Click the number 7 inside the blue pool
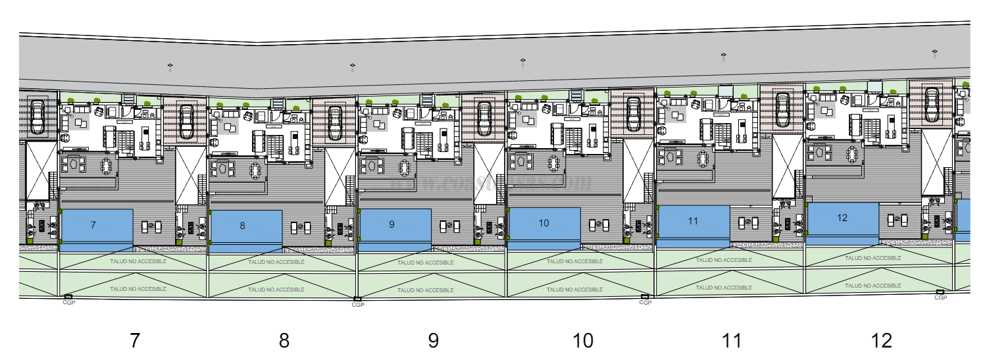tap(93, 225)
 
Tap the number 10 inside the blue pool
tap(544, 223)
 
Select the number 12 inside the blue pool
tap(842, 218)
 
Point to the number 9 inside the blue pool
tap(392, 224)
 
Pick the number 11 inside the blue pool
tap(692, 221)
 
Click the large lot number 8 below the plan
tap(284, 340)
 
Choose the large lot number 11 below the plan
tap(732, 340)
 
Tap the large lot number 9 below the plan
tap(434, 340)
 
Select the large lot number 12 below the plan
tap(881, 340)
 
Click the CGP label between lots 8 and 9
tap(357, 305)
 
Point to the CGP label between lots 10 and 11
tap(645, 302)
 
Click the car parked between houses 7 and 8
tap(187, 120)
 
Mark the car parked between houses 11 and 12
tap(783, 108)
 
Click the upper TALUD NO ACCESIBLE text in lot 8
tap(276, 261)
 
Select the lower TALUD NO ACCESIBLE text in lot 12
tap(874, 286)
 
